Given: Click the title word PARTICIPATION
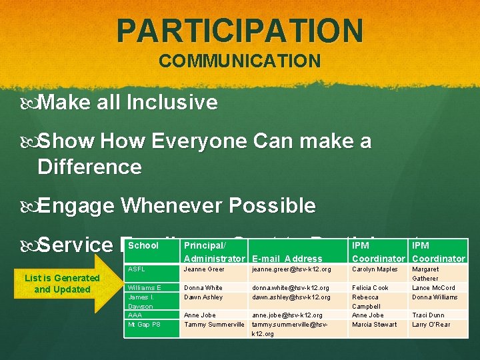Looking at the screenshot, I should click(x=240, y=31).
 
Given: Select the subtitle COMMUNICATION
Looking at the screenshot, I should click(x=240, y=61).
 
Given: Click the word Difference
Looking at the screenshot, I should click(x=89, y=167).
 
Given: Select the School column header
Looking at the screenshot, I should click(x=143, y=245).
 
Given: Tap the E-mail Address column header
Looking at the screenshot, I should click(x=288, y=259).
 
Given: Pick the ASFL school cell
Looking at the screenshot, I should click(x=136, y=269).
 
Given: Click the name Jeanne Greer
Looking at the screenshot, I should click(x=204, y=269).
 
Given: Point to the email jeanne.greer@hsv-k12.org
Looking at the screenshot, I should click(x=292, y=269).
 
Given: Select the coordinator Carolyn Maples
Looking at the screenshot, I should click(x=375, y=269).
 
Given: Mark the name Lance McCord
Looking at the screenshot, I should click(x=433, y=288).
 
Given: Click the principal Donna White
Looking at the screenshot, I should click(x=203, y=288).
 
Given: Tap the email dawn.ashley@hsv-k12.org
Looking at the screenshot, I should click(x=291, y=297).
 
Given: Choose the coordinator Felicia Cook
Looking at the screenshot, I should click(x=370, y=288).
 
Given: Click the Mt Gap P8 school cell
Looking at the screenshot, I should click(x=145, y=325).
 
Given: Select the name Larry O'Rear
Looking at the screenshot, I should click(x=431, y=325).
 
